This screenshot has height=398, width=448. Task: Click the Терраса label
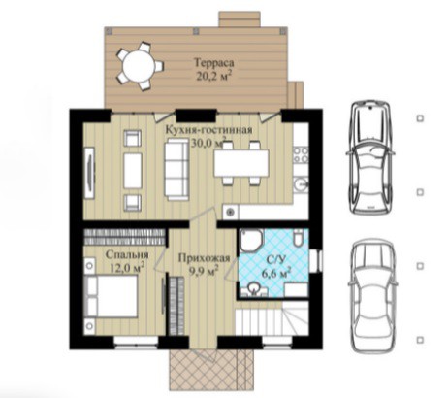coord(214,63)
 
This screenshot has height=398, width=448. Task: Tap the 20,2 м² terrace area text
coord(214,76)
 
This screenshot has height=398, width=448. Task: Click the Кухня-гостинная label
coord(208,130)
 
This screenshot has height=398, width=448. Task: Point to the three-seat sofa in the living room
coord(176,168)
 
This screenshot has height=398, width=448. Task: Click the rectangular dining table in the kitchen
coord(241,163)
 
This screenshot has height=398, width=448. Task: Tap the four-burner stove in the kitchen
coord(301,155)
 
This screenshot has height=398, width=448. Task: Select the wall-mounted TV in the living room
coord(89,173)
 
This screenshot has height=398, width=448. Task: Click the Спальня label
coord(127,255)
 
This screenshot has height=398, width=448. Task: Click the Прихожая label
coord(204,258)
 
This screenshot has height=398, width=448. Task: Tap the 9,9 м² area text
coord(204,271)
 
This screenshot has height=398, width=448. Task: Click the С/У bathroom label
coord(273,260)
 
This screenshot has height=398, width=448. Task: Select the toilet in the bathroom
coord(299,238)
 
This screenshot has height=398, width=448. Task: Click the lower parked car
coord(371,297)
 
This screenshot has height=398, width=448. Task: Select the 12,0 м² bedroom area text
coord(127,268)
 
